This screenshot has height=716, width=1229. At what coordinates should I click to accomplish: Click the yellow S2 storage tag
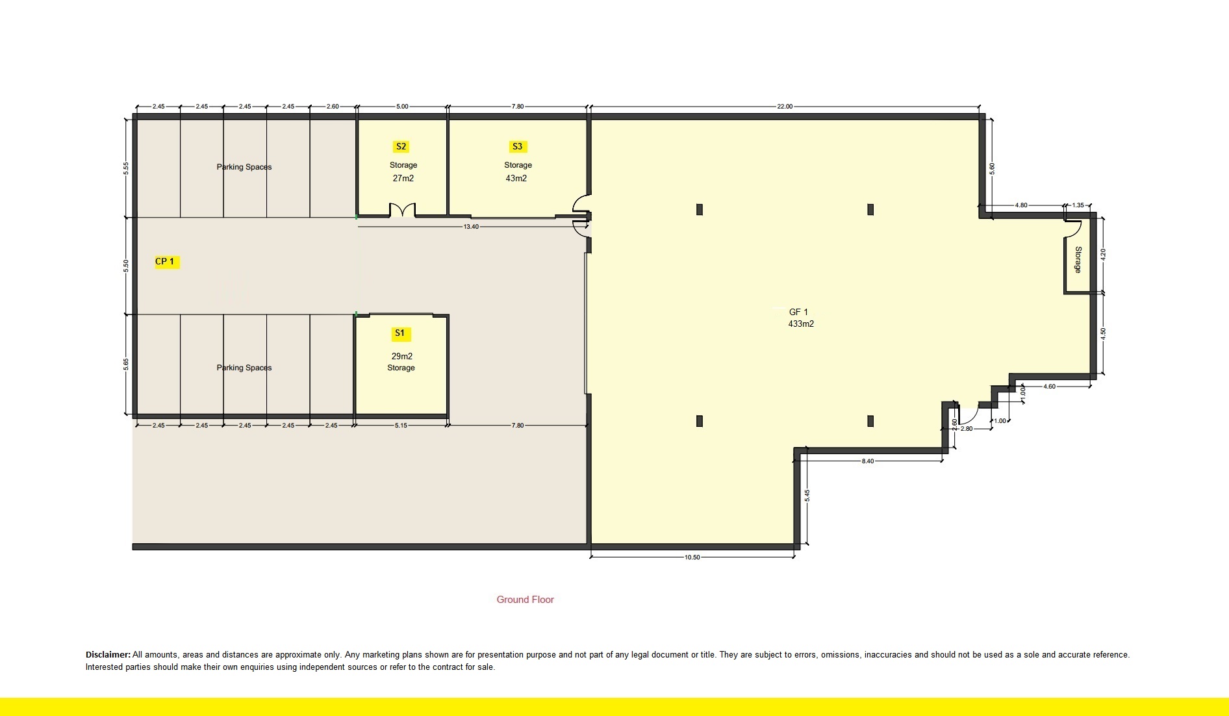(401, 147)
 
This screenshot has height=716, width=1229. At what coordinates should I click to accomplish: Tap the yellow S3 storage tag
(517, 147)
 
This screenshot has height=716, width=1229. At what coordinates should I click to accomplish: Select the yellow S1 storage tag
(399, 334)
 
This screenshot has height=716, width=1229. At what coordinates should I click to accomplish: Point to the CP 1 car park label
(165, 262)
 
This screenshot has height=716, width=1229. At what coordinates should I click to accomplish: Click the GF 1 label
(798, 313)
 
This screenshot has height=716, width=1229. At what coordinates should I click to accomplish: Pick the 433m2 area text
(801, 324)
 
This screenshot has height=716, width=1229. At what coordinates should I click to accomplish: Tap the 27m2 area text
(403, 178)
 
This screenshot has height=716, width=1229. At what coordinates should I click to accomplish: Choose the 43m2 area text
(516, 178)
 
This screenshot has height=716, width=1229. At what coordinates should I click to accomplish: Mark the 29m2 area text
(402, 356)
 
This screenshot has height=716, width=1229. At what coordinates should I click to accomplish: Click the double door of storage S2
(401, 210)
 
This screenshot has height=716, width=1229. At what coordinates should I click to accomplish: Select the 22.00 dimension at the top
(785, 107)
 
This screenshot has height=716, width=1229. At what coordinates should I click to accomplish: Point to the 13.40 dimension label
(471, 227)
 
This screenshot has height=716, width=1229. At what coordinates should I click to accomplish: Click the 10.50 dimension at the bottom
(692, 557)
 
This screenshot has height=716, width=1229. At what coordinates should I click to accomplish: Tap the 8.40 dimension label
(868, 461)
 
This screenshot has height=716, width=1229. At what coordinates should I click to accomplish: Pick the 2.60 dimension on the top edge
(332, 107)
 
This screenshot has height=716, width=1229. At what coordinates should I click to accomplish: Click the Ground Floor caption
(525, 600)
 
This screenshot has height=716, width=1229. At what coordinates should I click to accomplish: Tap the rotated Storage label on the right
(1078, 260)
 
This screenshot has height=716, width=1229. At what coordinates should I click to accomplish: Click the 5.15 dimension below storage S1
(401, 426)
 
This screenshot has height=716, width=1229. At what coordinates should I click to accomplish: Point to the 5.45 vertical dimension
(807, 495)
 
